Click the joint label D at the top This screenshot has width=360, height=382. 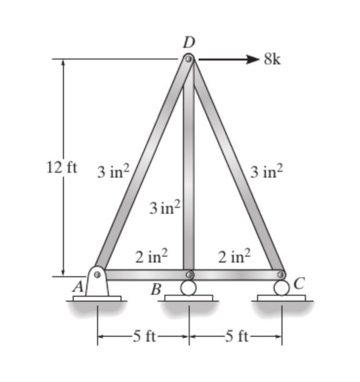pyautogui.click(x=189, y=42)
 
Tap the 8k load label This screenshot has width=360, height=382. pyautogui.click(x=273, y=59)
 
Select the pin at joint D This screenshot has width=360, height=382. pyautogui.click(x=189, y=59)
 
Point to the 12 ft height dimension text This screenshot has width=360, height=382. pyautogui.click(x=61, y=168)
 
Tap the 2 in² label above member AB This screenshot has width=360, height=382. pyautogui.click(x=151, y=256)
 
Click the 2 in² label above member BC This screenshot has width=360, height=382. pyautogui.click(x=235, y=256)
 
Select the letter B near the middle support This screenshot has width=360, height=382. pyautogui.click(x=156, y=289)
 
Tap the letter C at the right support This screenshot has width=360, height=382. pyautogui.click(x=298, y=283)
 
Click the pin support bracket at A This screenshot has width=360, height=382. pyautogui.click(x=97, y=282)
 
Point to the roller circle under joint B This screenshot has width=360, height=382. pyautogui.click(x=189, y=288)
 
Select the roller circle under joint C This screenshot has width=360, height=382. pyautogui.click(x=281, y=288)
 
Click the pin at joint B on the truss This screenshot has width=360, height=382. pyautogui.click(x=189, y=274)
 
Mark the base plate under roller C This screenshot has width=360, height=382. pyautogui.click(x=281, y=298)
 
